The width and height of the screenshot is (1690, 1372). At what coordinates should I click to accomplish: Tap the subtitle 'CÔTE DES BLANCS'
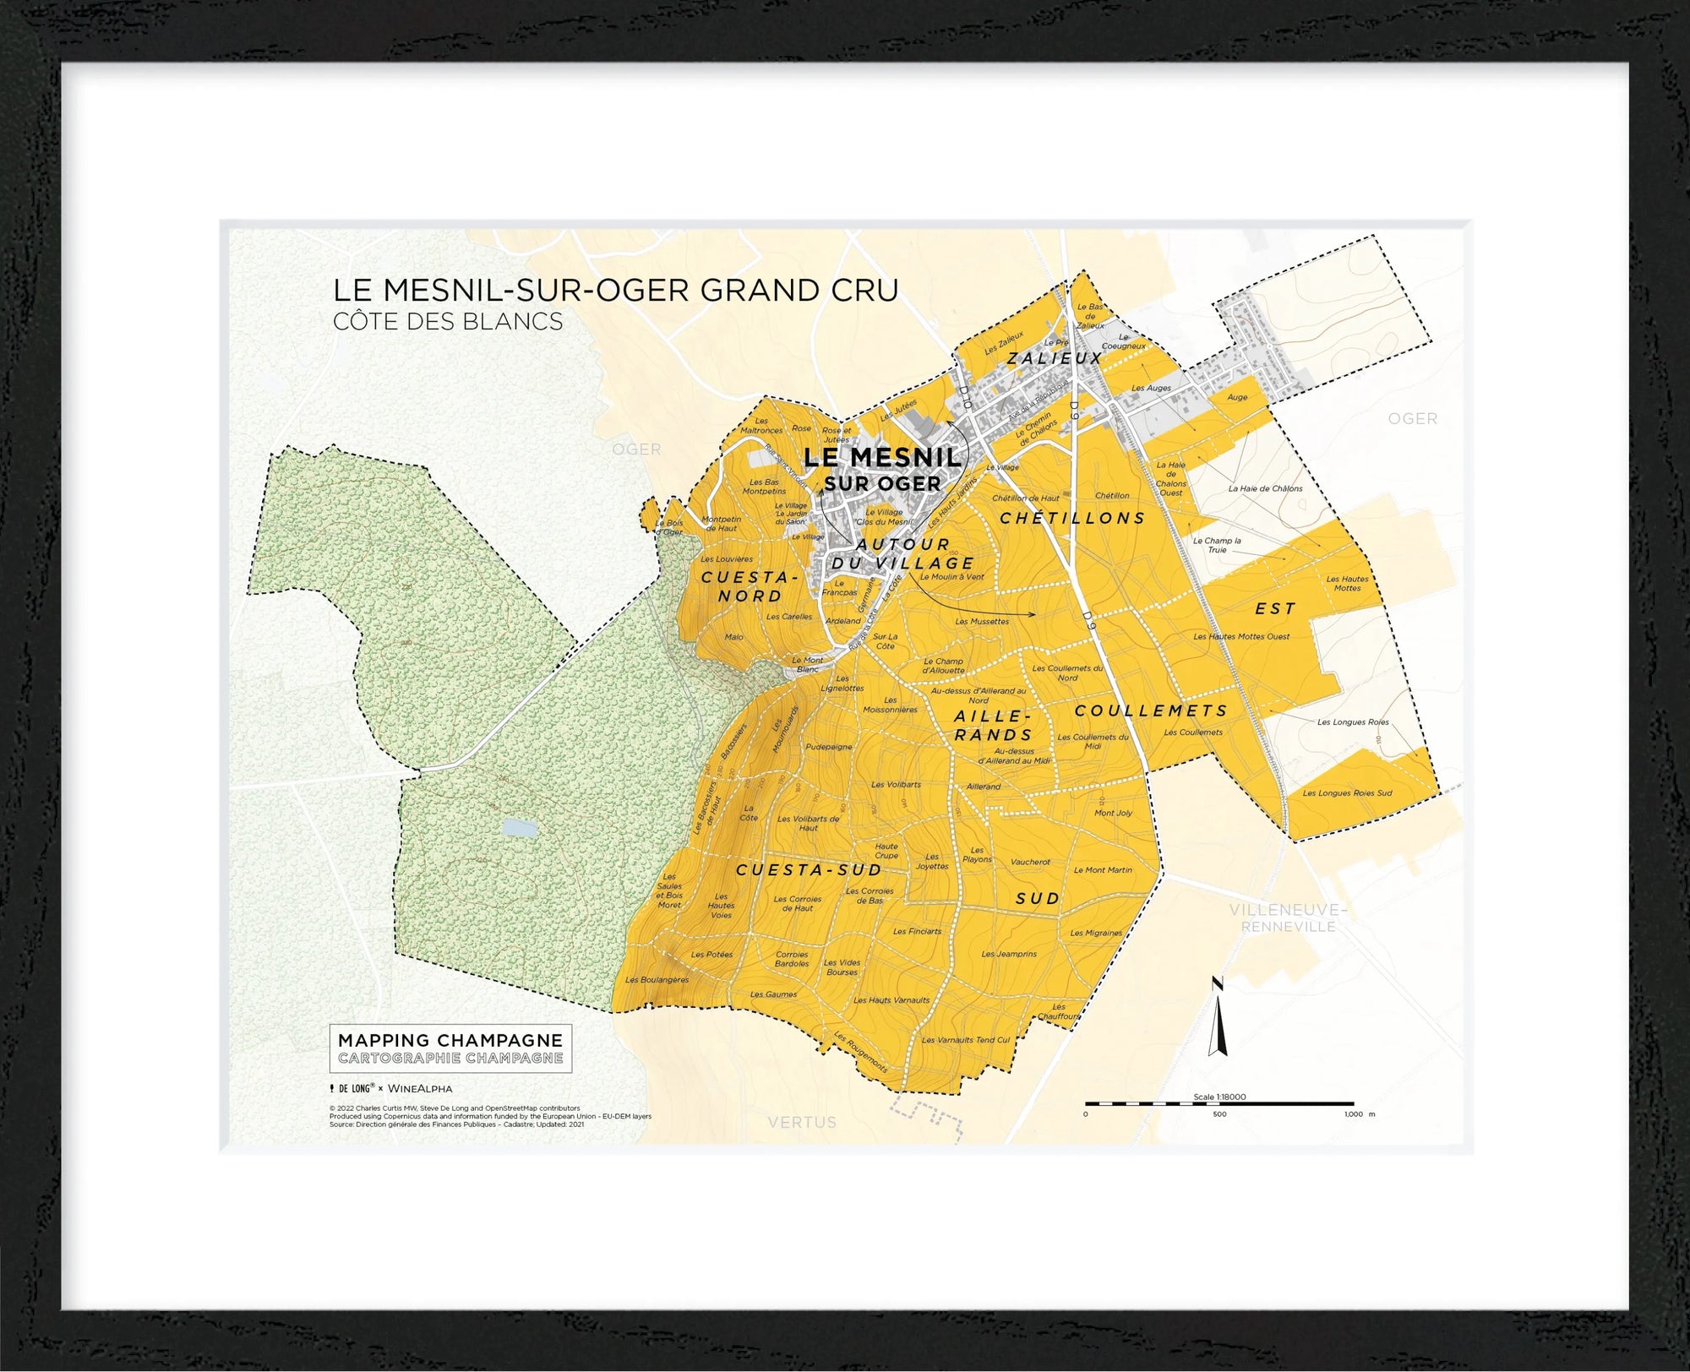point(448,322)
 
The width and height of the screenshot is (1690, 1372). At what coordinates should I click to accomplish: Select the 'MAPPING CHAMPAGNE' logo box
point(450,1048)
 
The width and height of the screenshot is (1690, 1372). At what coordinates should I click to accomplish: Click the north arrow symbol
point(1218,1019)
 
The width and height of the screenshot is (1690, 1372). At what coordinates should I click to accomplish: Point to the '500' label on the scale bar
point(1219,1114)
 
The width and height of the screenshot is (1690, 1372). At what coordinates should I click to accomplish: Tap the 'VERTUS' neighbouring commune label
point(802,1122)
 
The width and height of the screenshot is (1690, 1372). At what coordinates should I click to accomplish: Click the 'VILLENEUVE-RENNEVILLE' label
point(1288,917)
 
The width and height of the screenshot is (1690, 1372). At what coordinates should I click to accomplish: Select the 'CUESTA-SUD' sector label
point(809,870)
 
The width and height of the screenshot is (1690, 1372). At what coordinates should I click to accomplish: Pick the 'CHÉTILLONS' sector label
point(1072,518)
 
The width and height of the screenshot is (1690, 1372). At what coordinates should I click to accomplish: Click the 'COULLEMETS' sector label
point(1151,710)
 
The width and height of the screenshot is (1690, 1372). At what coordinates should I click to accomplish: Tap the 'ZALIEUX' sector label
point(1055,358)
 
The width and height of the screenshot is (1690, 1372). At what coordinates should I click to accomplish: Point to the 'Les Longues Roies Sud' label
point(1347,793)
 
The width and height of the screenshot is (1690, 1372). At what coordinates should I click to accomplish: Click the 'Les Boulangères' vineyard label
point(657,980)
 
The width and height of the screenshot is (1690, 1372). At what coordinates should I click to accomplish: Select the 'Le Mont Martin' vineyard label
point(1103,870)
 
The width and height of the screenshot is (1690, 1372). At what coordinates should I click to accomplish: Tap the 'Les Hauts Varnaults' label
point(891,1000)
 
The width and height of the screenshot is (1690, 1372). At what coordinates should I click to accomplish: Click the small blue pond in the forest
point(518,828)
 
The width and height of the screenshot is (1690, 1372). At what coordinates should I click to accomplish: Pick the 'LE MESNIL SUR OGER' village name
point(882,470)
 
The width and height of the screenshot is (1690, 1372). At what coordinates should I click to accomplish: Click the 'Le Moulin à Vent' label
point(951,577)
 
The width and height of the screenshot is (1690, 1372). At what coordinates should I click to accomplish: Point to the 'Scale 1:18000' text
point(1219,1097)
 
